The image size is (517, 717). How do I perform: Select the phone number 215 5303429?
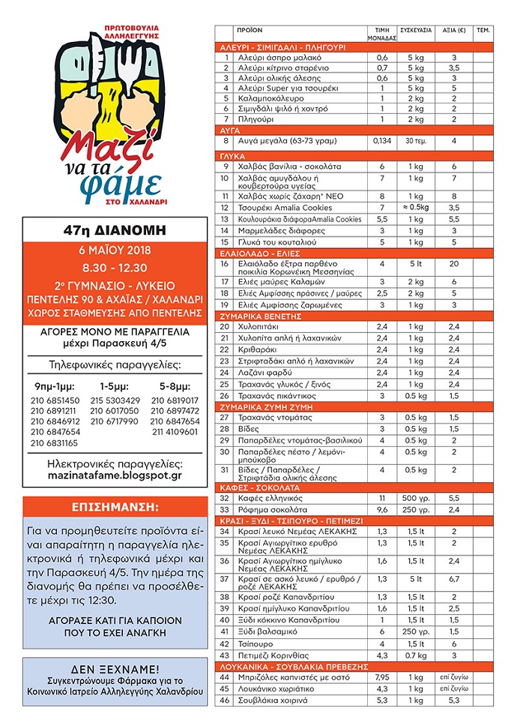[x=115, y=400]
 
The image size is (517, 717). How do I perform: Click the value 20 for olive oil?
[x=454, y=264]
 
